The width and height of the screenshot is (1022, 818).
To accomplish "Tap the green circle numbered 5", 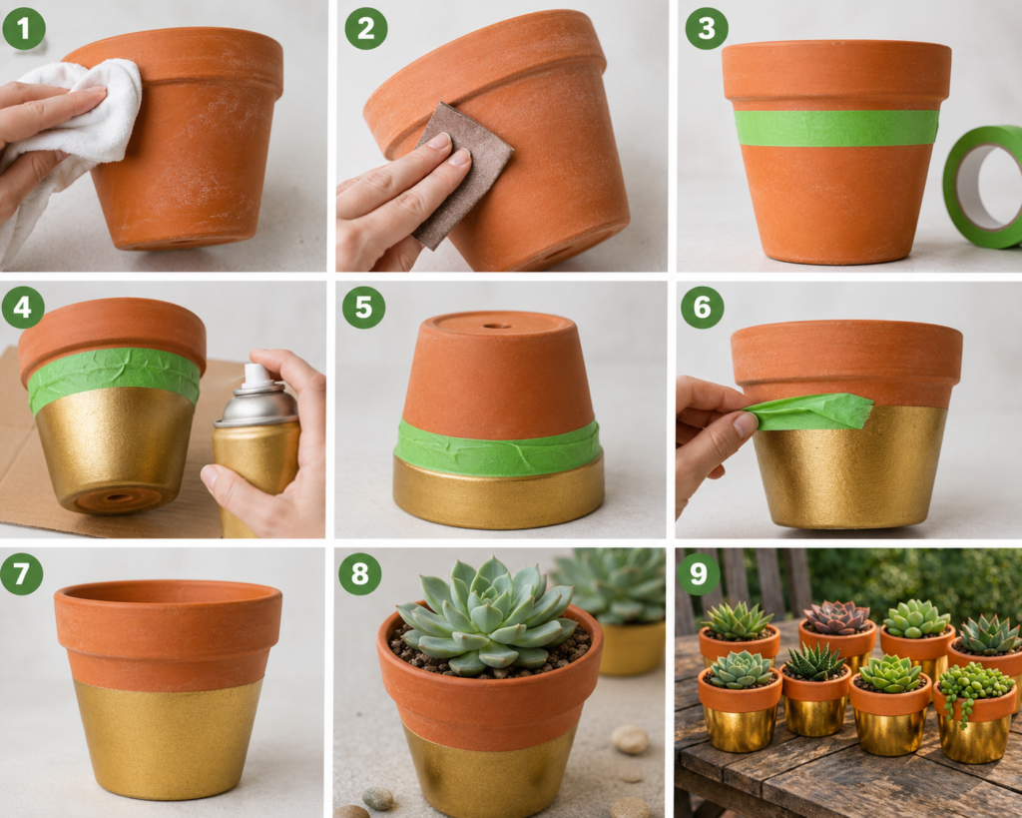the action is click(363, 307).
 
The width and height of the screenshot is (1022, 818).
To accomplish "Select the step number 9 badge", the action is click(698, 573).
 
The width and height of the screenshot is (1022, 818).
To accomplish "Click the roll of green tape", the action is click(983, 187).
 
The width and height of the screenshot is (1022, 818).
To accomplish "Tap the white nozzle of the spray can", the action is click(255, 376).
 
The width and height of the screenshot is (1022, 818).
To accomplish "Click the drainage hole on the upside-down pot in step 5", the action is click(497, 325).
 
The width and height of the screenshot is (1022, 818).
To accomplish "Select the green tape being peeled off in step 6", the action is click(809, 411).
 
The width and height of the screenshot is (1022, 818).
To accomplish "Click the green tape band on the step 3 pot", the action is click(837, 128).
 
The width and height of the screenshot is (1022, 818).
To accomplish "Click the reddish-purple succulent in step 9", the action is click(837, 617).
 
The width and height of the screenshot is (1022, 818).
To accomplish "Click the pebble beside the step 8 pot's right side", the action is click(630, 740).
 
